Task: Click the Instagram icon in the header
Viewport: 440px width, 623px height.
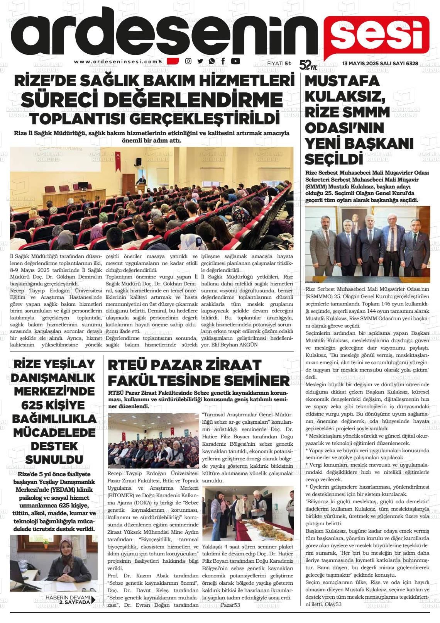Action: pos(188,61)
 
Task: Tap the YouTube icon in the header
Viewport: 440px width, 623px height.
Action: pos(235,61)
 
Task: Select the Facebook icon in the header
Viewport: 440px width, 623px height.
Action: pos(223,61)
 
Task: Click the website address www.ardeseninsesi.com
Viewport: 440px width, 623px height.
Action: pos(116,61)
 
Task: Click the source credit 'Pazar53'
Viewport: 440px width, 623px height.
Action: pos(230,605)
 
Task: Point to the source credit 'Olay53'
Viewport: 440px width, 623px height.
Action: pos(333,604)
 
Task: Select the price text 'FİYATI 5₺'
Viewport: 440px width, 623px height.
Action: pos(279,63)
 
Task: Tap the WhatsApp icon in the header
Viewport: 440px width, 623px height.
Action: pos(212,61)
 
